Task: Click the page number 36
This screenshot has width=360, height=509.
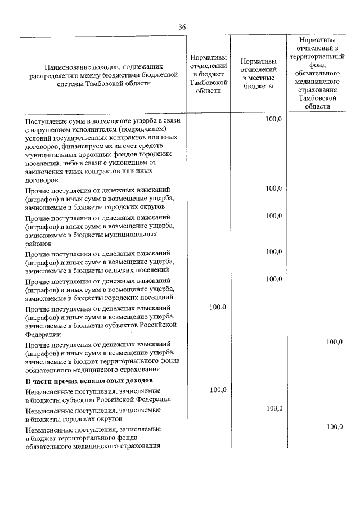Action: (182, 27)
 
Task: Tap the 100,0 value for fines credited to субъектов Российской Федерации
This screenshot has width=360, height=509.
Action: (217, 307)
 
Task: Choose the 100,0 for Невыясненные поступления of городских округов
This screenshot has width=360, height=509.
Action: (274, 408)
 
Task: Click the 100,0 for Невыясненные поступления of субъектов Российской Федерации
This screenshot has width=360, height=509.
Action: (218, 390)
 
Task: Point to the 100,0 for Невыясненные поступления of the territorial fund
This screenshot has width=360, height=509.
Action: (335, 427)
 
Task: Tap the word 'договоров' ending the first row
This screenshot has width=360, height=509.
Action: (41, 181)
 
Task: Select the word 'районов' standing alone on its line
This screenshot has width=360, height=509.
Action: (38, 244)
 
